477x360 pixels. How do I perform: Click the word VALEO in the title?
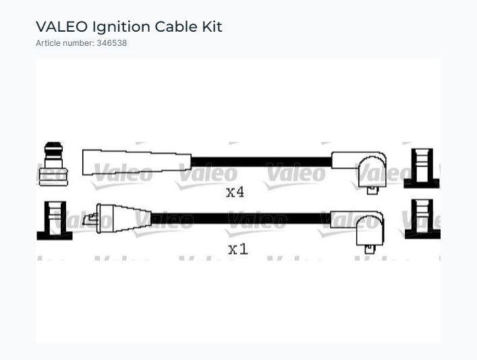tap(62, 27)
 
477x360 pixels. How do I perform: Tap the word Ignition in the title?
tap(121, 28)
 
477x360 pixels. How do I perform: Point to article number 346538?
tap(111, 43)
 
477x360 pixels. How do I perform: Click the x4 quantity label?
tap(235, 192)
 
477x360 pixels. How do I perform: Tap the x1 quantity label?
tap(238, 249)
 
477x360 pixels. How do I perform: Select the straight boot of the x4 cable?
tap(137, 162)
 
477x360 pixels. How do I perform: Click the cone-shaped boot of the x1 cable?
tap(124, 218)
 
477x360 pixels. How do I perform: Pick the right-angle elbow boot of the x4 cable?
tap(362, 168)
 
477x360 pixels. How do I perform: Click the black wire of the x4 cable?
tap(261, 162)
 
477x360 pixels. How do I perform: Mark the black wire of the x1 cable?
tap(241, 218)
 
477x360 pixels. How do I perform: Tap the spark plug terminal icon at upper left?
tap(53, 164)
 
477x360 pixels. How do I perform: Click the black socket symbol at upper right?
tap(422, 168)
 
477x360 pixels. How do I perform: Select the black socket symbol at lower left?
tap(55, 220)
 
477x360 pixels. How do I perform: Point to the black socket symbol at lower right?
tap(422, 219)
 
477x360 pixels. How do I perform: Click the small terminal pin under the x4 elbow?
tap(372, 190)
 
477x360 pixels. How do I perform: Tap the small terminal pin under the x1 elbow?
tap(370, 249)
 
